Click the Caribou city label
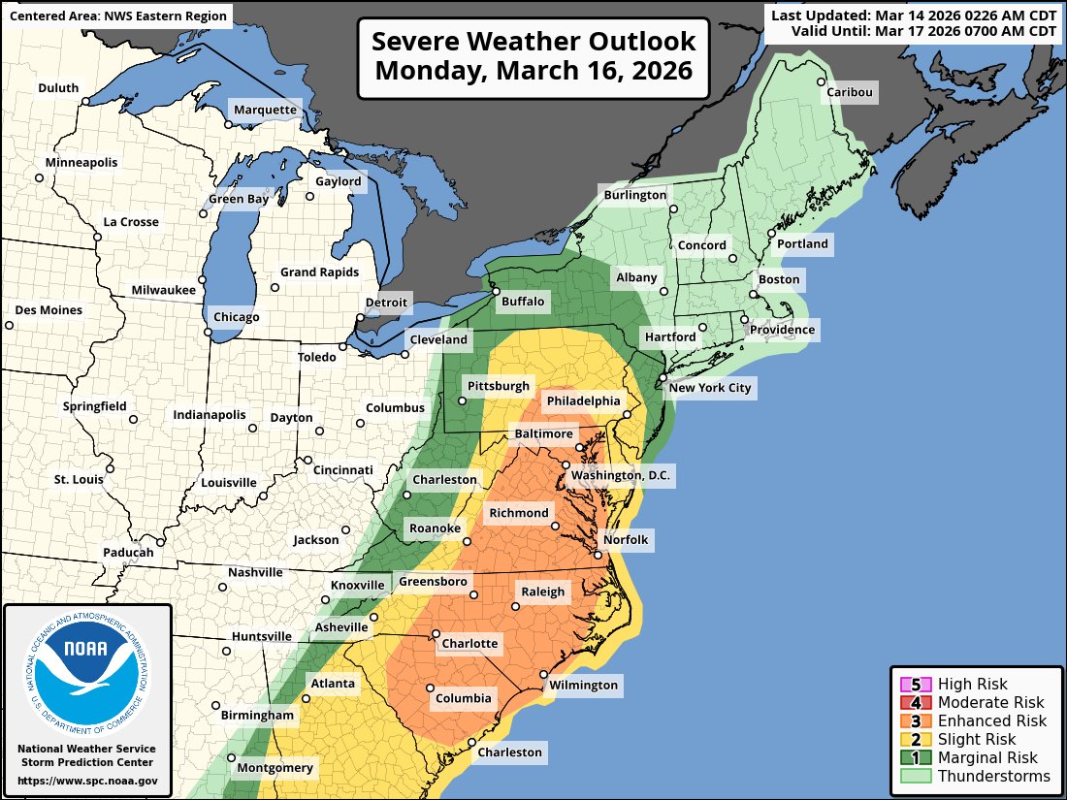[x=850, y=93]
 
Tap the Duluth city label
[x=58, y=88]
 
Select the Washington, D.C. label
[x=621, y=475]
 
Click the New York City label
[x=711, y=388]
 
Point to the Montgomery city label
[x=277, y=768]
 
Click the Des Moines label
[x=49, y=310]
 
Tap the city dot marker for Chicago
[x=208, y=333]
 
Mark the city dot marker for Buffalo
[x=495, y=291]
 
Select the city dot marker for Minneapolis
[x=40, y=177]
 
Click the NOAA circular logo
[x=87, y=673]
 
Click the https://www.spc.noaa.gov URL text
[x=87, y=781]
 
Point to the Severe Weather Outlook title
[x=533, y=57]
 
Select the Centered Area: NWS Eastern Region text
[x=117, y=16]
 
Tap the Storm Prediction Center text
[x=87, y=763]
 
